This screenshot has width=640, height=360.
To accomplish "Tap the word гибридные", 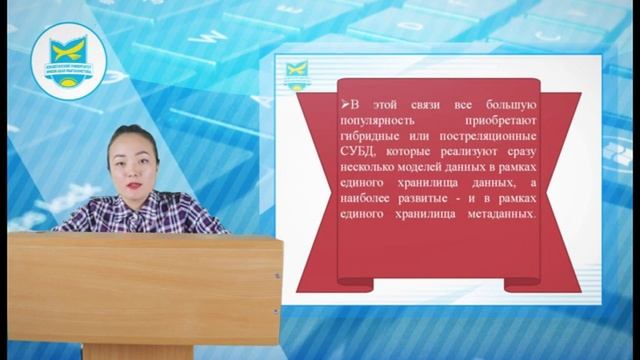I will click(370, 136).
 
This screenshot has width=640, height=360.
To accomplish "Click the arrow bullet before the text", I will click(343, 103).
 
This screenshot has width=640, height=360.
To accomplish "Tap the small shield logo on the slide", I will click(295, 73).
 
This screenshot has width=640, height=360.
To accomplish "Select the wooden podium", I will click(145, 290).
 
